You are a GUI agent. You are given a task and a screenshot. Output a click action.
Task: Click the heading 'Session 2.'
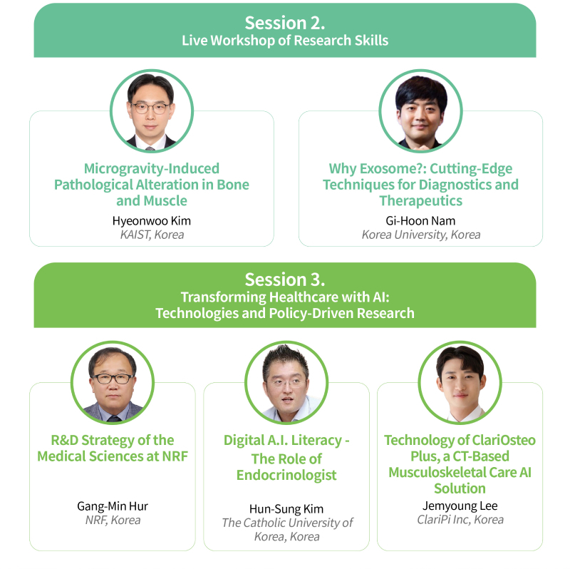pos(284,23)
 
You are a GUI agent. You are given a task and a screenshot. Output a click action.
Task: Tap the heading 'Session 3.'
pos(284,280)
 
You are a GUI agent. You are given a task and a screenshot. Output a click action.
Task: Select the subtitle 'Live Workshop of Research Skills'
pos(285,41)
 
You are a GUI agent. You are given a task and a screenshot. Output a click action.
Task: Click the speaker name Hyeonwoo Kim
pos(152,221)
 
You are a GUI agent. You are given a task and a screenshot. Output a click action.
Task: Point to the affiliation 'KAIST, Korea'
pos(152,235)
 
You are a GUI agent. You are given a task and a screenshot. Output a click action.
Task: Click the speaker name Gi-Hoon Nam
pos(420,221)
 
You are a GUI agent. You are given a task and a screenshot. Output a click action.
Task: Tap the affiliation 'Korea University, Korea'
pos(421,235)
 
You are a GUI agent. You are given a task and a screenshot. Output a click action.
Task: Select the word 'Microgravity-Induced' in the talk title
pos(152,169)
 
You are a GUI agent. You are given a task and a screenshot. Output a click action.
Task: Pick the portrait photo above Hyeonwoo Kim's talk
pos(152,111)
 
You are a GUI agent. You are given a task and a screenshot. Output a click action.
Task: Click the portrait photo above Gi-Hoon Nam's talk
pos(420,111)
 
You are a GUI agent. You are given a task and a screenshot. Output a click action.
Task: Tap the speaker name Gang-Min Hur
pos(113,506)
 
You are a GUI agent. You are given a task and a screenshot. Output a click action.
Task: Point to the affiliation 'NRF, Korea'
pos(113,521)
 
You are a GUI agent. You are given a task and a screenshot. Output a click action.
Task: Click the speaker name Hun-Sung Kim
pos(286,509)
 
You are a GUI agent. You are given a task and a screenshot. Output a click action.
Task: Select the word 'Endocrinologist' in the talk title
pos(286,475)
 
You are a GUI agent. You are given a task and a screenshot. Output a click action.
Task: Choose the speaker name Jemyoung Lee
pos(460,506)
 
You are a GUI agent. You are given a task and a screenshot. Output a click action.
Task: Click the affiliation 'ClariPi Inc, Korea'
pos(460,520)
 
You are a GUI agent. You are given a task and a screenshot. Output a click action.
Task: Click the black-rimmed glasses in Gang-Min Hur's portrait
pos(113,379)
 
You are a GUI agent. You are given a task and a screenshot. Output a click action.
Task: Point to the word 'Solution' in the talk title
pos(460,488)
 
